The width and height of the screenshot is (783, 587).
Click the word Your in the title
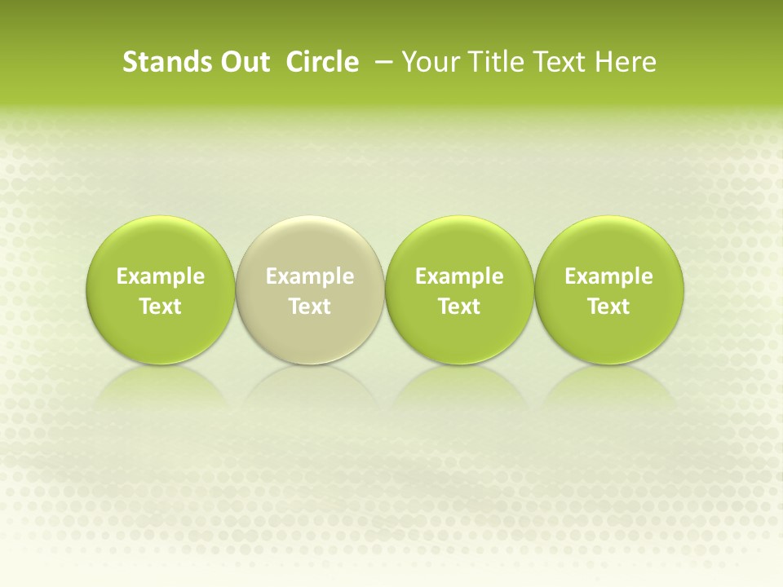click(x=428, y=62)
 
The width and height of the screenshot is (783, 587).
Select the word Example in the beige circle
click(x=310, y=276)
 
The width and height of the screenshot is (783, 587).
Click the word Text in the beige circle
click(x=310, y=307)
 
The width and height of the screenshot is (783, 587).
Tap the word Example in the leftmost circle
click(x=160, y=276)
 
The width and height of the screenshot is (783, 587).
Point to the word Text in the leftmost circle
click(x=160, y=307)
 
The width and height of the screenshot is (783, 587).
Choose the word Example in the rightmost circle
click(x=608, y=276)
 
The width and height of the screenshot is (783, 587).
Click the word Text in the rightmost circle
click(x=608, y=307)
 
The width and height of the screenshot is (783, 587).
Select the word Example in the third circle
click(x=459, y=276)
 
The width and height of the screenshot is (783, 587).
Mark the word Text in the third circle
click(x=459, y=307)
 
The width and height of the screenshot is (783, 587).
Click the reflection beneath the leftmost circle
click(x=160, y=387)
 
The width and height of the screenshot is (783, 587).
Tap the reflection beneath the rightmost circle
click(x=608, y=387)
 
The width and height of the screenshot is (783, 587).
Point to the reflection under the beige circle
click(x=310, y=387)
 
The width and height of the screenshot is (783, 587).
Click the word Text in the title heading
click(x=557, y=62)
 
